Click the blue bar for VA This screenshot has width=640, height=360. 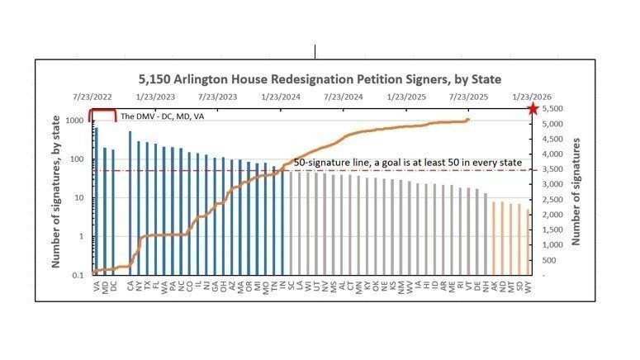[x=97, y=198]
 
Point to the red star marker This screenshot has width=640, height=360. [x=533, y=108]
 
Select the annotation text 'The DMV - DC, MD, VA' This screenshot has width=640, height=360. [x=160, y=116]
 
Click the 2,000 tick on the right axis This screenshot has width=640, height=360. [x=553, y=215]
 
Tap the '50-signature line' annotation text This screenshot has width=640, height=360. [x=408, y=163]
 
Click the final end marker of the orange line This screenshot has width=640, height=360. [x=468, y=119]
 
